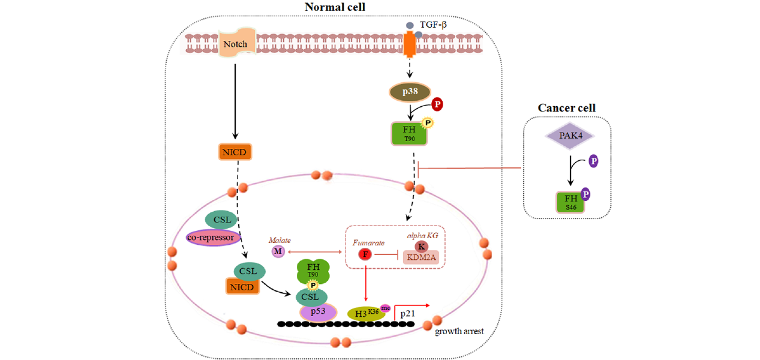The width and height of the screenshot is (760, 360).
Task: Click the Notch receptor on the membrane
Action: pos(235,44)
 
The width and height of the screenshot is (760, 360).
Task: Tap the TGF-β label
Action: pos(432,25)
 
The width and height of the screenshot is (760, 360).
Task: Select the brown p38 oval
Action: pos(410,92)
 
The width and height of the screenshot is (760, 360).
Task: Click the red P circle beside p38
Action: pos(438,104)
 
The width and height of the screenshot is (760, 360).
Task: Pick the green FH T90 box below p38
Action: pos(410,133)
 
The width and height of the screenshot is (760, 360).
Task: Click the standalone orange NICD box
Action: pos(234,152)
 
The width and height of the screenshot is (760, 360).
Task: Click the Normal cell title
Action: pos(335,7)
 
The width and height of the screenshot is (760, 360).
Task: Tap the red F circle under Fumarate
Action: pos(364,255)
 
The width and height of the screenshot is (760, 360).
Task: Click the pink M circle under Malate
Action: pos(278,251)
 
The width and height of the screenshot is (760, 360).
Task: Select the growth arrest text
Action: pos(459,331)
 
